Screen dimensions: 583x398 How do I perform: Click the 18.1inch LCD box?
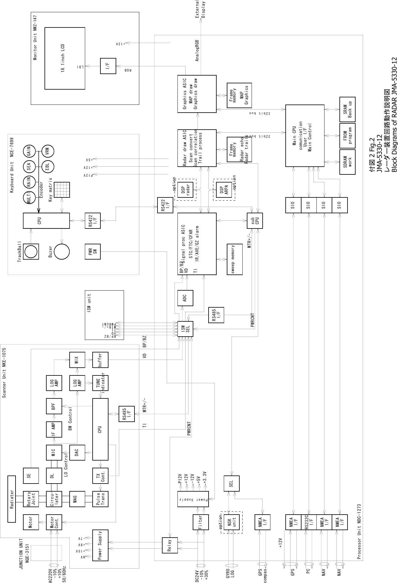tap(65, 58)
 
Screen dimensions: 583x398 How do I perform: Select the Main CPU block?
tap(305, 136)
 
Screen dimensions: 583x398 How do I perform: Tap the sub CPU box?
tap(255, 220)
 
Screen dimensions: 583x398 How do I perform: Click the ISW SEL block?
tap(185, 329)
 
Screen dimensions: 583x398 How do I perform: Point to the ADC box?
tap(185, 298)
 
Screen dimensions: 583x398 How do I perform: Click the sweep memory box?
tap(235, 260)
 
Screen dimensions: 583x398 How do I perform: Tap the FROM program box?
tap(348, 136)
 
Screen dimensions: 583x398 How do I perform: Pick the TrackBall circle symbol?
tap(31, 252)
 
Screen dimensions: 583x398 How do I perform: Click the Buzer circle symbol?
tap(62, 252)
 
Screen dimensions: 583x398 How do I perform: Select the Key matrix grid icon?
tap(62, 190)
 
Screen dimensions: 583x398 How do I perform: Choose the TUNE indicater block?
tap(100, 383)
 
